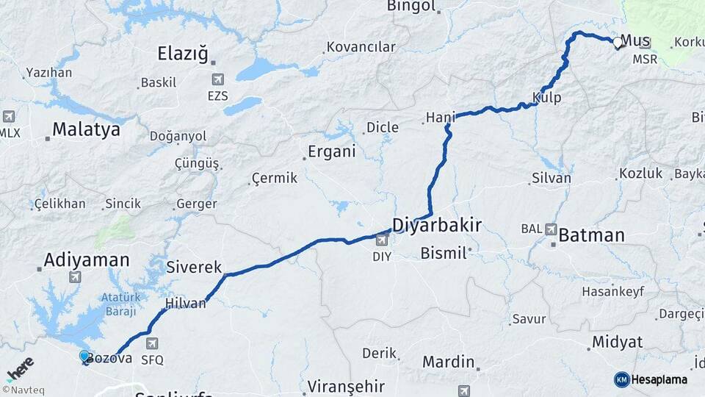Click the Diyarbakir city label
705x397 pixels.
pos(437,225)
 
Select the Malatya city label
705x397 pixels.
pos(86,130)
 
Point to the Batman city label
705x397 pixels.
pos(591,236)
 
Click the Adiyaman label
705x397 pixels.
pos(86,260)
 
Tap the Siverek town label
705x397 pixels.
pos(194,268)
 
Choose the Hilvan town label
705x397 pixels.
pos(185,303)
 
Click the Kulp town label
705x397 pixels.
pos(547,97)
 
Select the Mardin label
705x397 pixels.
pos(448,362)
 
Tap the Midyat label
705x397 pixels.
pos(617,343)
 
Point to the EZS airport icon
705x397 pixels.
pos(217,79)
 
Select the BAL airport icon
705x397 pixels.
pos(550,229)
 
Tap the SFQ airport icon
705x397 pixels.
pos(152,343)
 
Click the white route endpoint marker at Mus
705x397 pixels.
pos(618,43)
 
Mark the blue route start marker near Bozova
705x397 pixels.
pos(85,357)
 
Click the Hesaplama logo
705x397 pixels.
pos(651,379)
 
